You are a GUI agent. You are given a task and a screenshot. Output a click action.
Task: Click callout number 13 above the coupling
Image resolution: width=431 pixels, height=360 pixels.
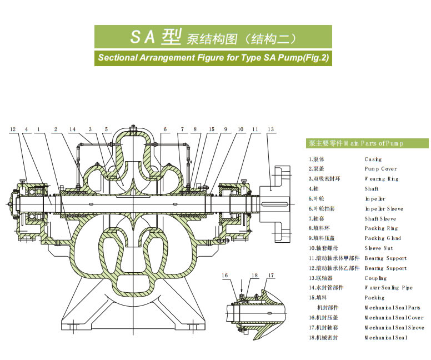tap(270, 129)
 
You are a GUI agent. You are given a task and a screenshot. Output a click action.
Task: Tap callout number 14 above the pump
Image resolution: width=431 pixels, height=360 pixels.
tap(72, 129)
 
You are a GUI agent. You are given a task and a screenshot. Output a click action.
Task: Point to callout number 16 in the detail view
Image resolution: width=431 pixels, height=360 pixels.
tap(225, 276)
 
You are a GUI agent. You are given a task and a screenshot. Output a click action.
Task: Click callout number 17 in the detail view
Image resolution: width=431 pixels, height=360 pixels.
tap(271, 276)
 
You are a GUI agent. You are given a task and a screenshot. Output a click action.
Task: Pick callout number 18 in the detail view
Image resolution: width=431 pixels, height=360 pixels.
tap(254, 276)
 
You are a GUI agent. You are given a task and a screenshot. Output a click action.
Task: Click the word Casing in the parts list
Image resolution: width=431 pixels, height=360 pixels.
tap(373, 159)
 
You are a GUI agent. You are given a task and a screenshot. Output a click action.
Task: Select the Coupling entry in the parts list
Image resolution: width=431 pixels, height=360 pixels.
tap(375, 278)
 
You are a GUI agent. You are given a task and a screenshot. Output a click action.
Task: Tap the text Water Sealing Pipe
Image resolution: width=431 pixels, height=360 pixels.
tap(388, 288)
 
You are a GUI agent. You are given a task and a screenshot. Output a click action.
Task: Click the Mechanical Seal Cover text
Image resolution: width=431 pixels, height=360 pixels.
tap(393, 318)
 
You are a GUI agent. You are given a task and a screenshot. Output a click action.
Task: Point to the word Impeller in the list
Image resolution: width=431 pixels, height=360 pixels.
tap(375, 199)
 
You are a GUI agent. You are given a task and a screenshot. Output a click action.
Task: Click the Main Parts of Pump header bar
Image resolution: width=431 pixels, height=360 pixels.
tap(367, 143)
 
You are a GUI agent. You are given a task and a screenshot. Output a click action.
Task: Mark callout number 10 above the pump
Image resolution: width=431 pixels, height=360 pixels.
tap(240, 129)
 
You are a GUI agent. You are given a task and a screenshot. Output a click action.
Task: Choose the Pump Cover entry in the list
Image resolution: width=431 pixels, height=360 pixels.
tap(380, 169)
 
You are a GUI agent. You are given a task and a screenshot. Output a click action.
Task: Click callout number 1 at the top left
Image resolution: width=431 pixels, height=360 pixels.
tap(38, 129)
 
